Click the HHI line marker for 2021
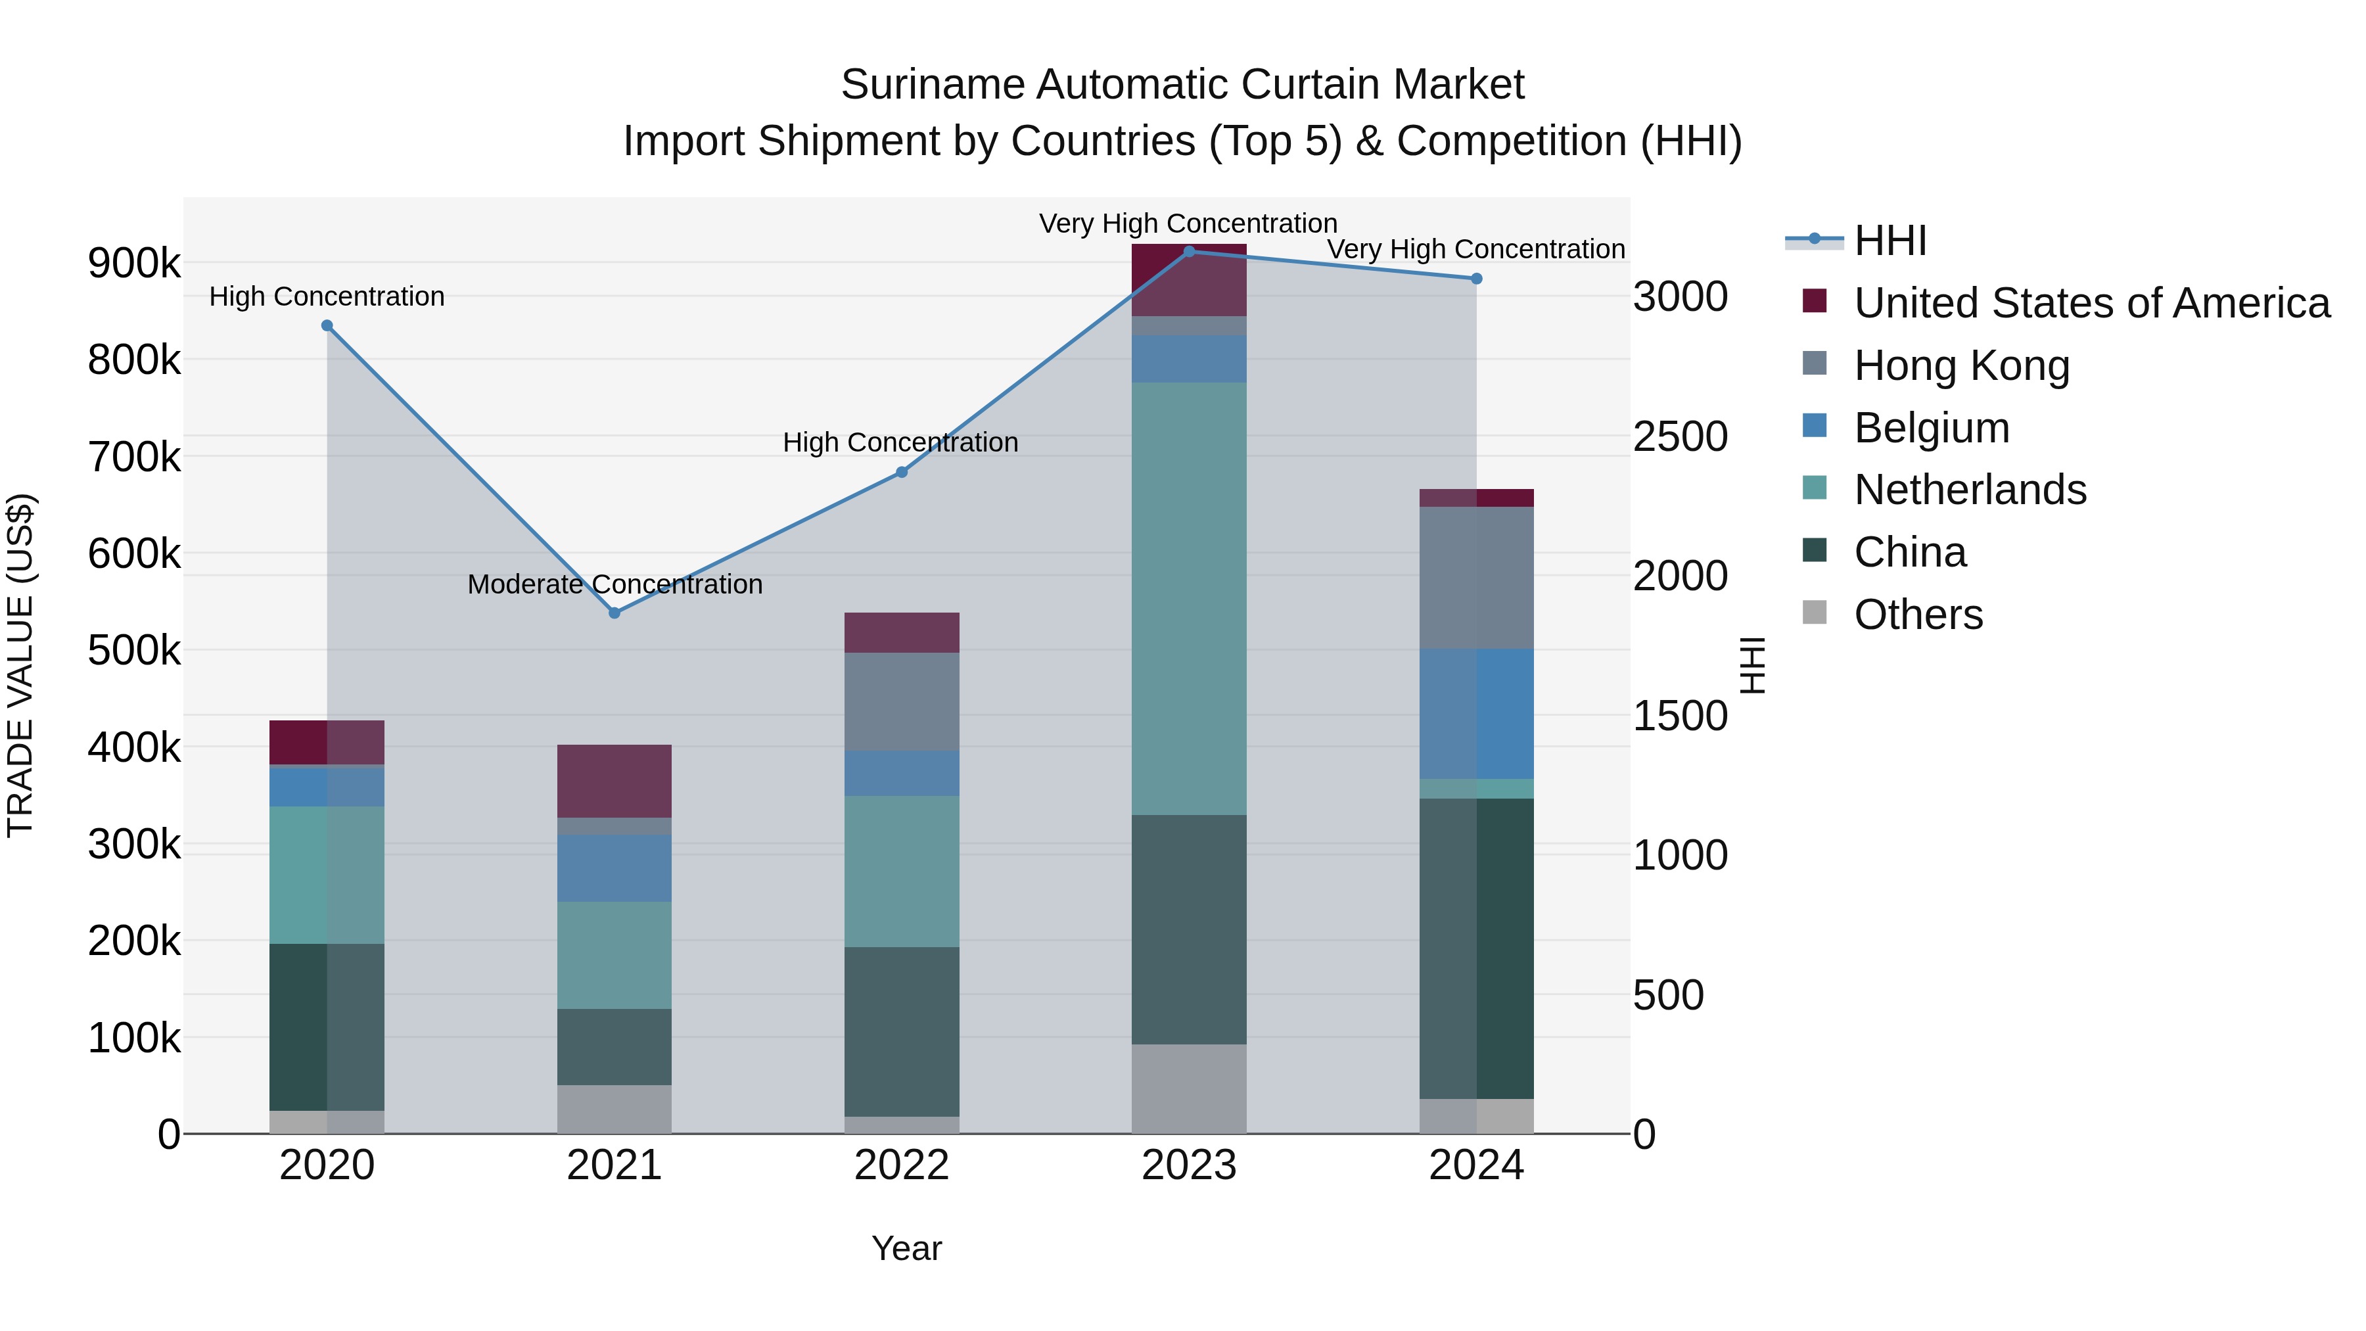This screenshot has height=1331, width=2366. [615, 613]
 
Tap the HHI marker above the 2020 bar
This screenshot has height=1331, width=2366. [327, 326]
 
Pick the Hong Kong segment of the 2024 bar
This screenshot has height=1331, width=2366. [1476, 578]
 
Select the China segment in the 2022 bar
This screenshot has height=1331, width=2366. [901, 1031]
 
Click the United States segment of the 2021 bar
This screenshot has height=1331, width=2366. [615, 781]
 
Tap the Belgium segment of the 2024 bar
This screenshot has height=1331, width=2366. [1476, 714]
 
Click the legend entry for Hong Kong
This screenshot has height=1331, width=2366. [1961, 365]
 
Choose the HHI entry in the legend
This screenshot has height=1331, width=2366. [1890, 241]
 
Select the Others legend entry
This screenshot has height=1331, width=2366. [1918, 615]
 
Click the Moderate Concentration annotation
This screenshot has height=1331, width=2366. [615, 584]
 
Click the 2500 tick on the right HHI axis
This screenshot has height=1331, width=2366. [1680, 436]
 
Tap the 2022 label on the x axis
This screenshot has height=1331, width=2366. [901, 1165]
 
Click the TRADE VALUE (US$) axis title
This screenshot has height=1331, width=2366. [20, 665]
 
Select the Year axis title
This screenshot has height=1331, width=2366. [906, 1248]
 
